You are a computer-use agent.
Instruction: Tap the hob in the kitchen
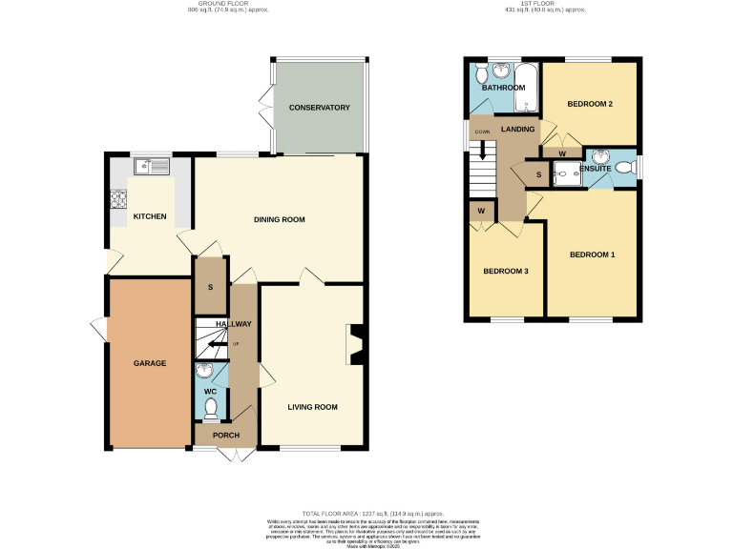[120, 199]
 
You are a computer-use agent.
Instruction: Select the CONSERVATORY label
[320, 108]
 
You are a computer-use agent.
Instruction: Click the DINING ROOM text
[279, 219]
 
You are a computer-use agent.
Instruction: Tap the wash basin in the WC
[203, 372]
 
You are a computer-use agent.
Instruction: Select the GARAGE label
[150, 363]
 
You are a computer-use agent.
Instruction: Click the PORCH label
[226, 437]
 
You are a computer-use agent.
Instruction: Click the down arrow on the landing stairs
[484, 149]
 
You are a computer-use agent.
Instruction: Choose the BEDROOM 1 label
[592, 254]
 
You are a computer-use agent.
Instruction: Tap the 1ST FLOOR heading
[544, 4]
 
